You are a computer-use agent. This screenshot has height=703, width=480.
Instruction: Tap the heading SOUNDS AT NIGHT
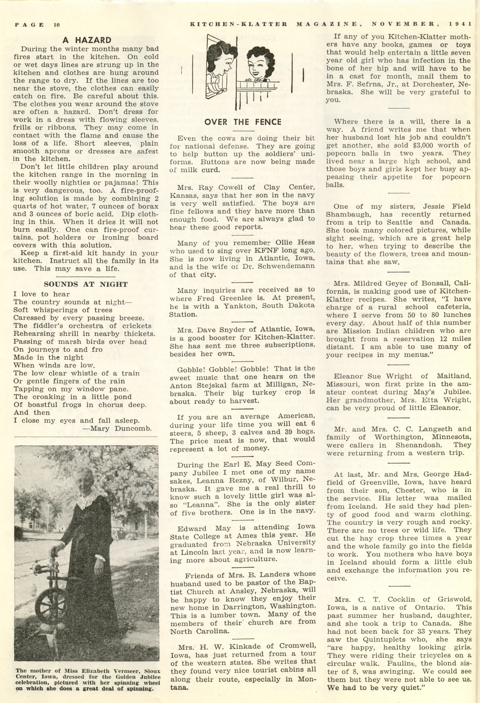[86, 284]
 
